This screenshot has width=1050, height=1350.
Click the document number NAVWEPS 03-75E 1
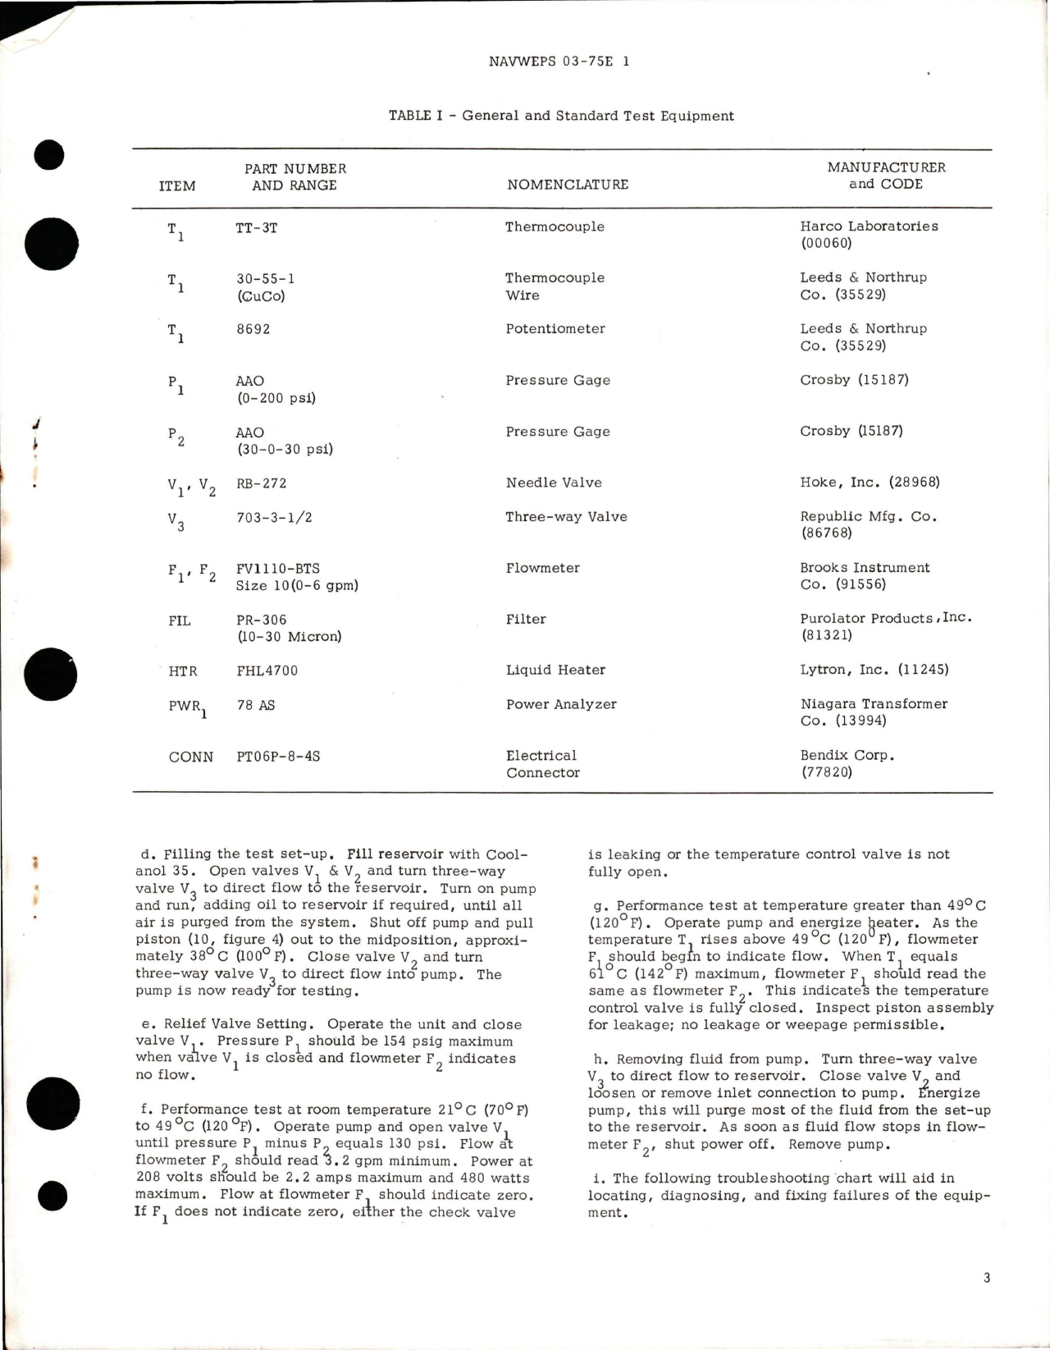coord(559,62)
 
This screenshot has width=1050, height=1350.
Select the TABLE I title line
coord(561,116)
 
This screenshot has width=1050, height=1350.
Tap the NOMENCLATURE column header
coord(568,185)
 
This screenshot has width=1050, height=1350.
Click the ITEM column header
coord(177,185)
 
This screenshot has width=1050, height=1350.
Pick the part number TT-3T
coord(256,228)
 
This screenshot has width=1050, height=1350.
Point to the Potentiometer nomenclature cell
coord(555,329)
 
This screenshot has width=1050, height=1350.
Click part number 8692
coord(253,329)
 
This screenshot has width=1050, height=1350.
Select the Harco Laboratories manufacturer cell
coord(869,234)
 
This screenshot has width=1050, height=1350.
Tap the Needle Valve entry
coord(554,483)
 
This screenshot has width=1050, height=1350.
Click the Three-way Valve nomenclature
coord(566,517)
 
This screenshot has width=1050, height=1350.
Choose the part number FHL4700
coord(267,670)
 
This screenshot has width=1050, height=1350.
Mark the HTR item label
coord(183,671)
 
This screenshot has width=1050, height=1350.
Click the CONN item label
coord(191,757)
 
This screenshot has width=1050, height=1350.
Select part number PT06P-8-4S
coord(278,756)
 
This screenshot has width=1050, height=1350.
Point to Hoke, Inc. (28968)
coord(870,483)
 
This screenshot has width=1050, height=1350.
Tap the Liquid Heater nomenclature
coord(555,670)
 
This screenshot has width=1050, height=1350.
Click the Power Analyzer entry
coord(561,705)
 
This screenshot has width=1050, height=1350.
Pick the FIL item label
coord(180,620)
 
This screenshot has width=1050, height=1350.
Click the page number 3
coord(986,1278)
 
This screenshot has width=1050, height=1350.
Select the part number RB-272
coord(262,483)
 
